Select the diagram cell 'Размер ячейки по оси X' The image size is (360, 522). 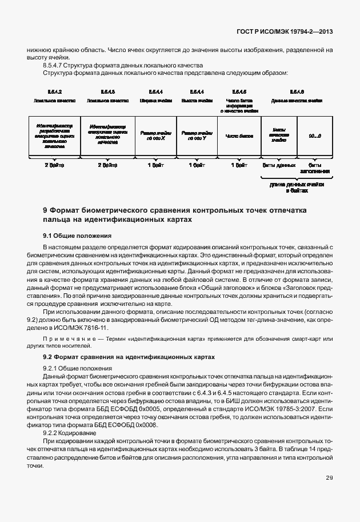156,136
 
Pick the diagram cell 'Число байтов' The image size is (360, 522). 239,136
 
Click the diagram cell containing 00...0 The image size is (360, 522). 315,136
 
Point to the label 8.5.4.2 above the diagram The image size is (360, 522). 54,91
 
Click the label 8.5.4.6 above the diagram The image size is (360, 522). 297,91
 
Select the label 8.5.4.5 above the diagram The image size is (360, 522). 239,91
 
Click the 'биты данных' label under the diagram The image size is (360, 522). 278,165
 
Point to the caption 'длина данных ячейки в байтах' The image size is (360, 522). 297,188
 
